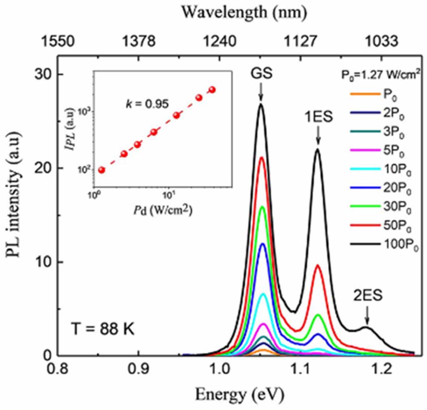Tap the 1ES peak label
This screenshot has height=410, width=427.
(318, 118)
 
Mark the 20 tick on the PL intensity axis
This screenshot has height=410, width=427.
(40, 168)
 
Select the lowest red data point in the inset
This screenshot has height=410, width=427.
(101, 170)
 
